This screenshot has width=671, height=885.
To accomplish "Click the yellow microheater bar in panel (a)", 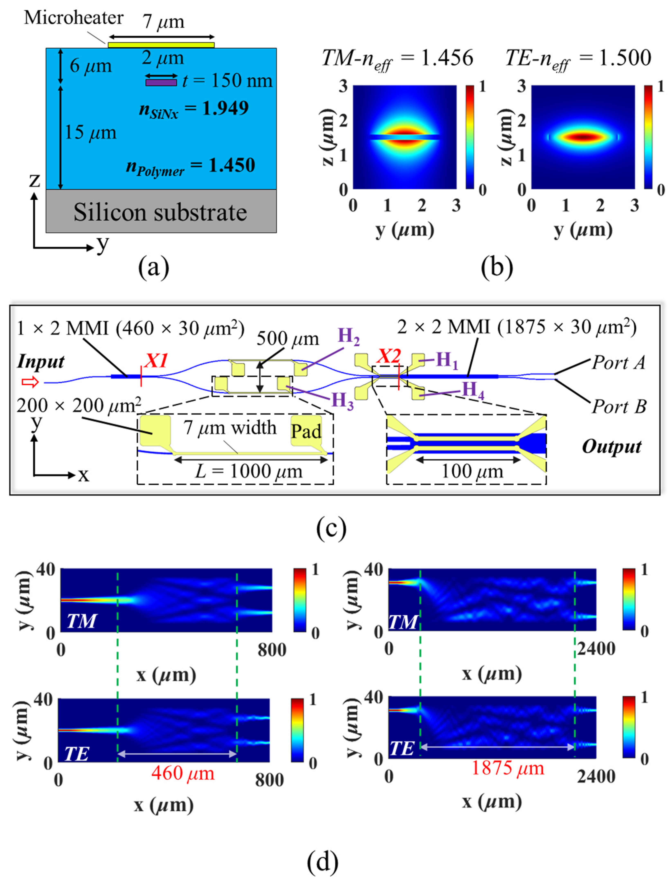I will click(x=161, y=45).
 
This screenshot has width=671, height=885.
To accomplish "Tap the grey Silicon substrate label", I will click(x=160, y=212).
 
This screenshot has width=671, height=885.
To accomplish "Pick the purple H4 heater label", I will click(x=473, y=390).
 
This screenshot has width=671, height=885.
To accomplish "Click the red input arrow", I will click(x=30, y=383).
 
